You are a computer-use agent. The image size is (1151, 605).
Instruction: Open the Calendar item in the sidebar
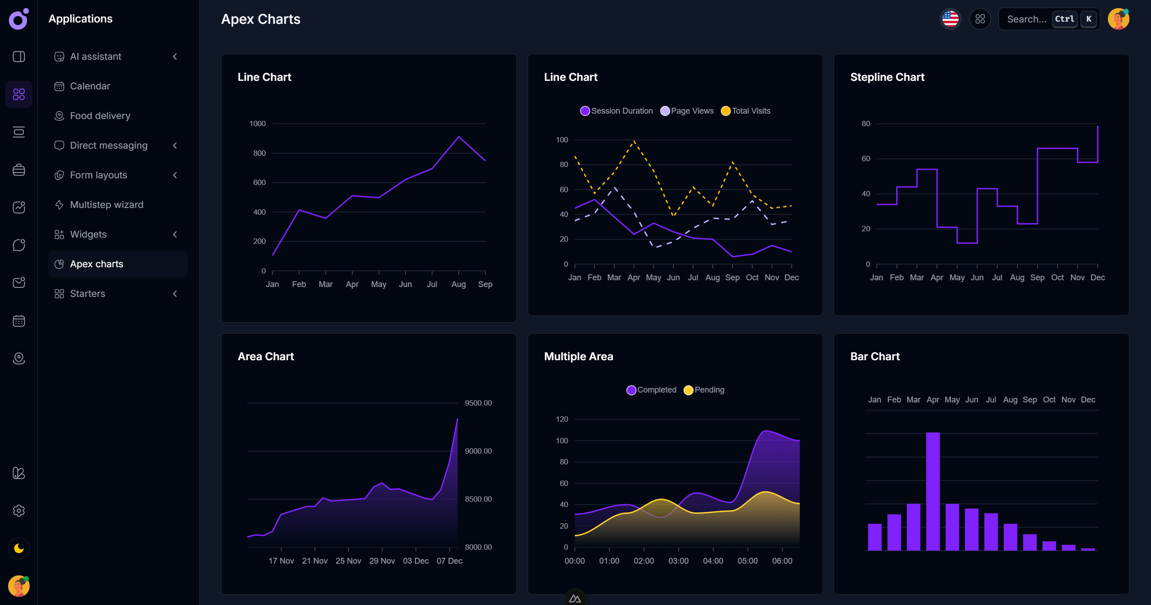90,86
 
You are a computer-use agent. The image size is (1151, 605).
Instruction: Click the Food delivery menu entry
100,116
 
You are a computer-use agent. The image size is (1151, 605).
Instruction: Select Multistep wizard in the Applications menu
107,205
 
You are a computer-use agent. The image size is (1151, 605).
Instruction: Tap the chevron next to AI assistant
175,57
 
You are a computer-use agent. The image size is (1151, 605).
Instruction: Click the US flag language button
950,19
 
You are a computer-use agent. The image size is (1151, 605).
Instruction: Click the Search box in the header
1027,19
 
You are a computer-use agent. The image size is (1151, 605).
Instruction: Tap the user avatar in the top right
1118,19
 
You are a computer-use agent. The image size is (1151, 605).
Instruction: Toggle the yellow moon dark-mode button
19,548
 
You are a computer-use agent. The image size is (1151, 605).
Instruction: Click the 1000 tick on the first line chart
258,124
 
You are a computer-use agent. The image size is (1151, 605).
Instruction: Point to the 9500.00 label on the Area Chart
478,403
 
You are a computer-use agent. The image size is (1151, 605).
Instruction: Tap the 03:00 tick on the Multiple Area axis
678,561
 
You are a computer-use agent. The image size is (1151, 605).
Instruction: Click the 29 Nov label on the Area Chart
382,561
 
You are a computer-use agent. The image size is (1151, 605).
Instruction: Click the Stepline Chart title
887,77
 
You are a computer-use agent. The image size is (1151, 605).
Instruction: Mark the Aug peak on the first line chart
458,137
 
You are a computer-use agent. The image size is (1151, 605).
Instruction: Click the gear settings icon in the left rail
19,511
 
